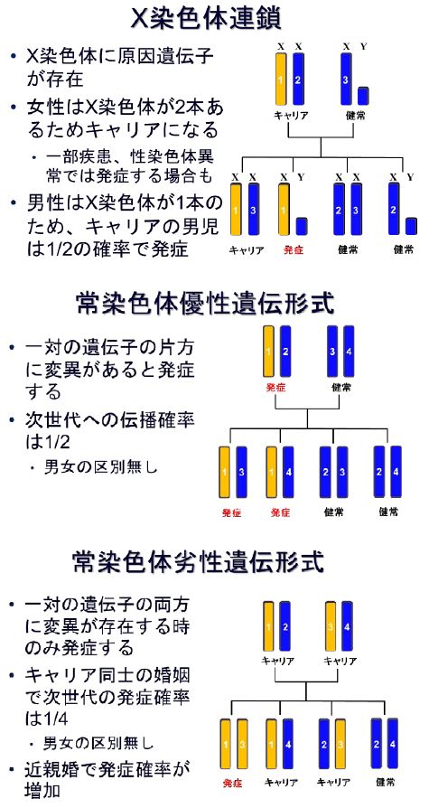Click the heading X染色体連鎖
205,21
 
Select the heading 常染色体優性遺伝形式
205,304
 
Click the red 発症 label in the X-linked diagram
294,251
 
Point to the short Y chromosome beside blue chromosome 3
363,96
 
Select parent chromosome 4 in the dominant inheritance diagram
350,352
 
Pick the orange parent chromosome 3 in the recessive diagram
331,628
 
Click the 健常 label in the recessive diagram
386,782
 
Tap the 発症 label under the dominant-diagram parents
276,387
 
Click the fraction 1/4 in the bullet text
51,719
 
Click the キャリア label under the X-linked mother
291,116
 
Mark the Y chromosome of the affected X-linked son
302,226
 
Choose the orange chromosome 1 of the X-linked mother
281,79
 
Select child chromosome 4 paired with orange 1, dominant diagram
288,472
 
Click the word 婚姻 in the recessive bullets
173,673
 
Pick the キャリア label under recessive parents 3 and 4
340,662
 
